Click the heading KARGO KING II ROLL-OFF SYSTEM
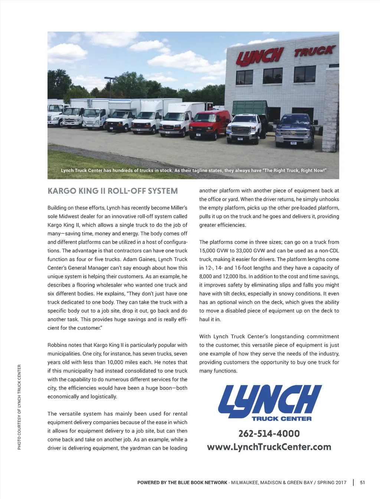tap(113, 191)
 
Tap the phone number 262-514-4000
tap(269, 434)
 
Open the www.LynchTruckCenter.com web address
tap(269, 447)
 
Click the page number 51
tap(363, 483)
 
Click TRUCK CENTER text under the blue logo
tap(282, 419)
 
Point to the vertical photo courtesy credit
tap(19, 407)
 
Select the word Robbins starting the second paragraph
tap(56, 345)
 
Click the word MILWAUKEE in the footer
tap(245, 483)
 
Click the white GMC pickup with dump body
tap(245, 127)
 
